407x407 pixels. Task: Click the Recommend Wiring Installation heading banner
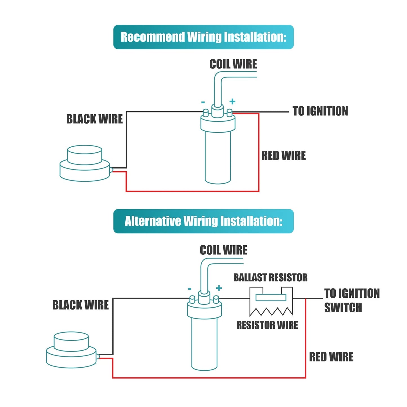click(203, 37)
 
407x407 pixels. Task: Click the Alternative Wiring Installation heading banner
click(203, 221)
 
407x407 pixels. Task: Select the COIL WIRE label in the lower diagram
click(223, 250)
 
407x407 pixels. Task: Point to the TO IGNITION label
click(320, 111)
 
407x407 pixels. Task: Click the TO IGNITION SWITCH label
click(352, 300)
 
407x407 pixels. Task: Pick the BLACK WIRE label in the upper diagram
click(94, 119)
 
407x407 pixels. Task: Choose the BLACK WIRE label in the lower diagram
click(81, 305)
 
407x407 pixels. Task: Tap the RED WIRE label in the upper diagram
click(283, 156)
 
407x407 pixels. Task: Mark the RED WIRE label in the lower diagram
click(331, 357)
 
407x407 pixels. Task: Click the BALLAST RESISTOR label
click(270, 277)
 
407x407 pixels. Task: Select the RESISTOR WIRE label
click(267, 325)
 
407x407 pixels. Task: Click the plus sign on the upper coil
click(232, 102)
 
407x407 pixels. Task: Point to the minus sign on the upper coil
click(203, 103)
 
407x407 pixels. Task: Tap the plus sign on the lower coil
click(219, 288)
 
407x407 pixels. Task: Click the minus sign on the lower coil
click(190, 289)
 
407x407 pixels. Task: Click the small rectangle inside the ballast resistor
click(271, 297)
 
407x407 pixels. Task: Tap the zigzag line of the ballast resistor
click(271, 312)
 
